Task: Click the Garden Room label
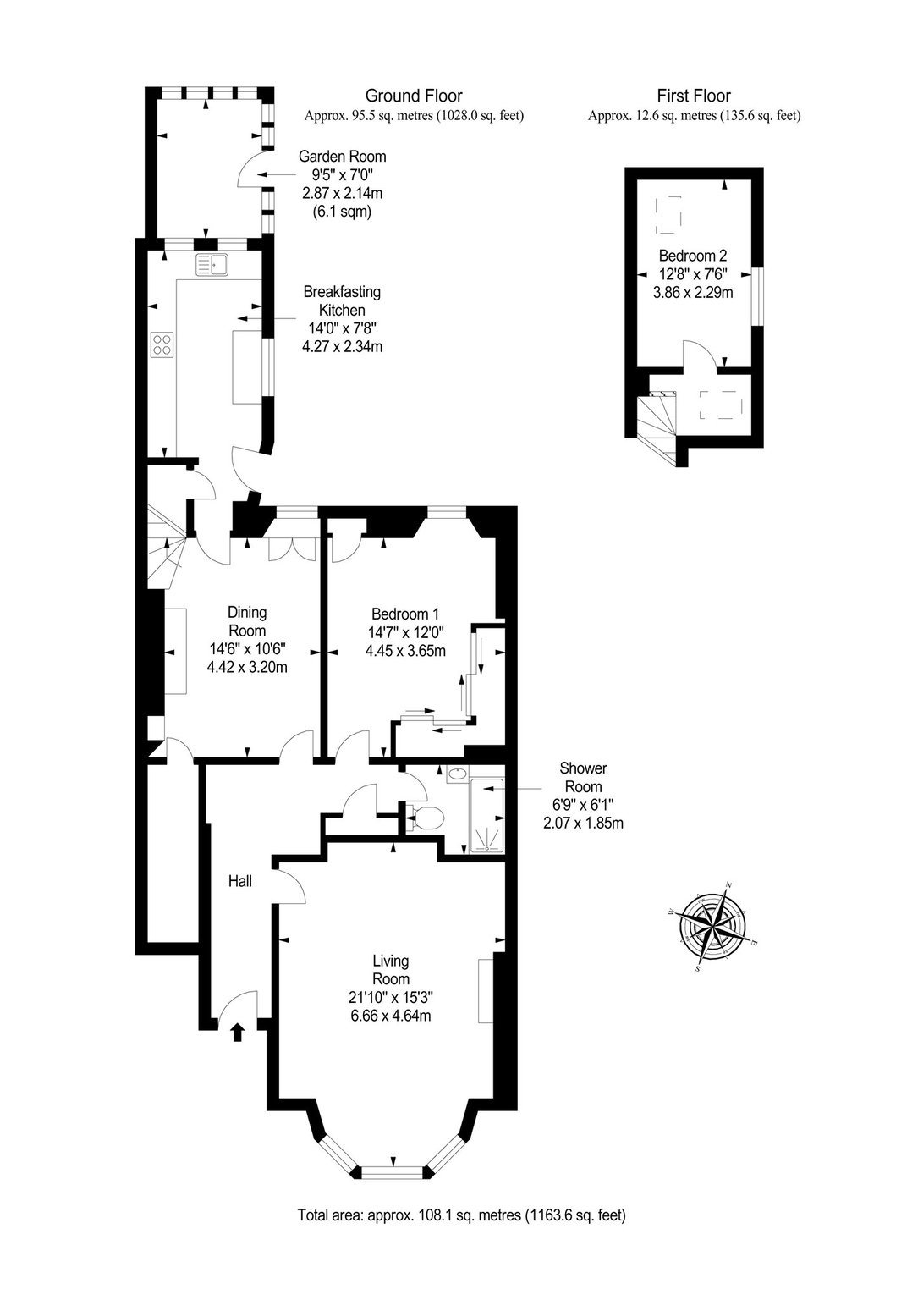(342, 156)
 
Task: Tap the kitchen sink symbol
(213, 265)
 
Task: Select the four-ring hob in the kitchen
(162, 343)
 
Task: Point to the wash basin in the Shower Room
(458, 773)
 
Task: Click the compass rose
(713, 924)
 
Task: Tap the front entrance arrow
(237, 1032)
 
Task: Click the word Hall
(239, 881)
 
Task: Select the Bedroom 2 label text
(693, 256)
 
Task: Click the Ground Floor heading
(414, 95)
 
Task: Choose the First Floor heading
(694, 95)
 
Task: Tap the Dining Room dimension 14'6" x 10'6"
(247, 648)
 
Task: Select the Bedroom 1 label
(405, 614)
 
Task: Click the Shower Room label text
(583, 777)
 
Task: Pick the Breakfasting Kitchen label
(342, 300)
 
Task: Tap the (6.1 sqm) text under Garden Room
(342, 212)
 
